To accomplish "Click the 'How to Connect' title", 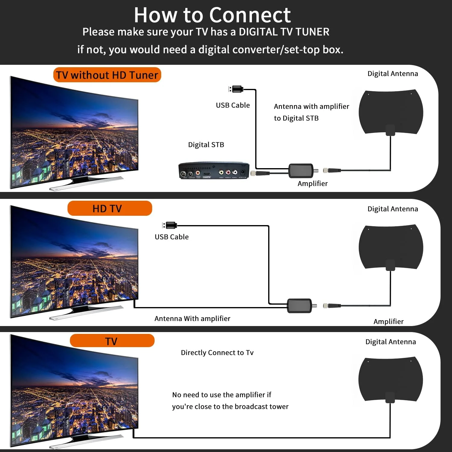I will coord(212,15).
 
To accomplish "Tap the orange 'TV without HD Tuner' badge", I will coord(107,75).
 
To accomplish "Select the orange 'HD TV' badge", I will coord(110,208).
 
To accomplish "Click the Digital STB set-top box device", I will coord(214,171).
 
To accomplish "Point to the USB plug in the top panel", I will coord(237,89).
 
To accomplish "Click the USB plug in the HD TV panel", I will coord(170,225).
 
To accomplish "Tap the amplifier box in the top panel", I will coord(301,171).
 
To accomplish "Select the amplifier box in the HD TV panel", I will coord(300,306).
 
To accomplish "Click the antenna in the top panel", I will coord(391,112).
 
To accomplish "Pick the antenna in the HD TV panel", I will coord(391,247).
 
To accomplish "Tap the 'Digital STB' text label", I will coord(206,145).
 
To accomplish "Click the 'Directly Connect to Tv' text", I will coord(217,353).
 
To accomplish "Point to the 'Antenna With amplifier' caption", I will coord(192,319).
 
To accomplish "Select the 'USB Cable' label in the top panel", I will coord(233,105).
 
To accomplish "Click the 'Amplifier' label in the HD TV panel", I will coord(388,322).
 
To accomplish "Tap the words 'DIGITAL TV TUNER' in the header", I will coord(284,32).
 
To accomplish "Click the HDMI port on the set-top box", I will coord(207,174).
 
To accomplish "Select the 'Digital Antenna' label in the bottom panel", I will coord(391,342).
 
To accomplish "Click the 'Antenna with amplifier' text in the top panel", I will coord(311,106).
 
